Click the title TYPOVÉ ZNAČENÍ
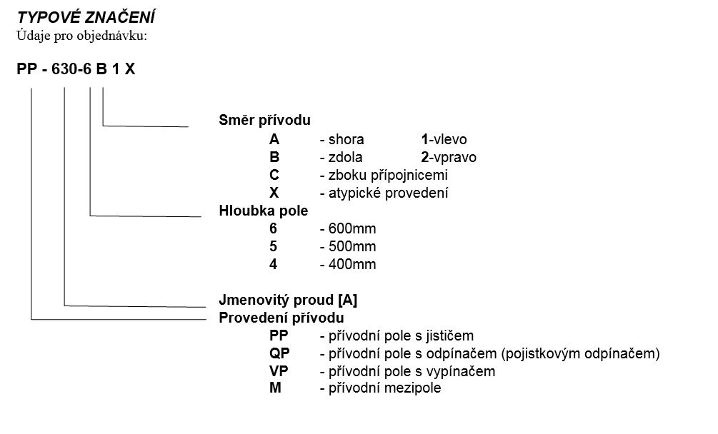coord(86,17)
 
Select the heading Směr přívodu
coord(264,120)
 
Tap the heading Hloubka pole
coord(264,211)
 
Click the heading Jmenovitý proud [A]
coord(288,300)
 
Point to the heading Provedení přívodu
coord(281,318)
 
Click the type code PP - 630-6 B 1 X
coord(76,69)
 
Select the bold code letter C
coord(274,175)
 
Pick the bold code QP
coord(279,353)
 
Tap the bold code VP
coord(279,371)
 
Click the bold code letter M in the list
coord(275,388)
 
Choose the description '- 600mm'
coord(348,228)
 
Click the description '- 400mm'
coord(348,264)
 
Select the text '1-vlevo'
coord(444,139)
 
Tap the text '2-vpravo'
coord(449,157)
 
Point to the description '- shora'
coord(342,139)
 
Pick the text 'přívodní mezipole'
coord(385,388)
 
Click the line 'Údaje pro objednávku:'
coord(82,36)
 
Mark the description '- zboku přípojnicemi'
coord(384,175)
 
